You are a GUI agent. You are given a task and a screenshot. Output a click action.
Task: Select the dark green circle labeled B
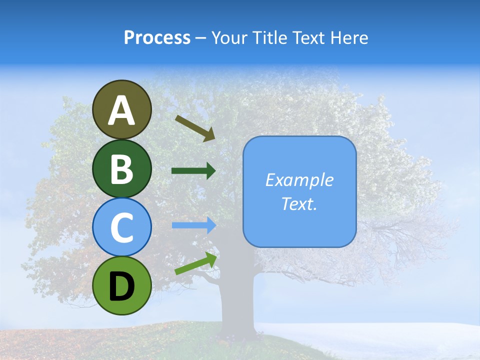(122, 168)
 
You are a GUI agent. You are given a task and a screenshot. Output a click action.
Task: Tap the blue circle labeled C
(122, 227)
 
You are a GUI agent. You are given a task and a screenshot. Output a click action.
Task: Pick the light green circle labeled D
(122, 285)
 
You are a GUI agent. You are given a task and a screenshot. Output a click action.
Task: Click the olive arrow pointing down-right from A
(195, 128)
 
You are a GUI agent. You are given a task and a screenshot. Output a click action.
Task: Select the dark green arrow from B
(193, 171)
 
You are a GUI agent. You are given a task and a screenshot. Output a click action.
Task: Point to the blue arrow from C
(193, 225)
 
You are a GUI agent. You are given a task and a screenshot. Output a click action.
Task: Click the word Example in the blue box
(299, 180)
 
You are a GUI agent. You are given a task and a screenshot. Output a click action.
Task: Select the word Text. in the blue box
(299, 203)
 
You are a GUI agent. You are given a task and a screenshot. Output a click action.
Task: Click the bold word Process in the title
(157, 37)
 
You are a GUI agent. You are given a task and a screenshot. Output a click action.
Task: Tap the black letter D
(122, 286)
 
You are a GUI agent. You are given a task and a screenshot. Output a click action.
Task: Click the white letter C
(122, 228)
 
